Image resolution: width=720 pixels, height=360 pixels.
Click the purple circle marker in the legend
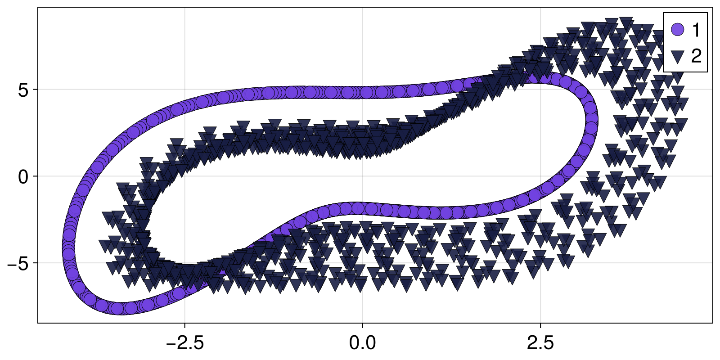point(677,30)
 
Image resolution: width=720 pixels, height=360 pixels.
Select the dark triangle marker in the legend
point(677,57)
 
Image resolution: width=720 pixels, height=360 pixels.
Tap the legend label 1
point(696,30)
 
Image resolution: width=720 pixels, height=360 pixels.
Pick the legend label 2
point(696,57)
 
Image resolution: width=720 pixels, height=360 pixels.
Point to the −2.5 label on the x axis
point(184,343)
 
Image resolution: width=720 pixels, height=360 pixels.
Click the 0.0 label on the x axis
point(362,343)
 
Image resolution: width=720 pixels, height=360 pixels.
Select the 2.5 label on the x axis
point(540,343)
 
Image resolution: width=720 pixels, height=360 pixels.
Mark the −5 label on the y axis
point(18,263)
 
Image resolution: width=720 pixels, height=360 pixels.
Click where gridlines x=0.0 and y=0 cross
point(362,176)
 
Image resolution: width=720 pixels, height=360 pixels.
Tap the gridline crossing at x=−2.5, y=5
point(184,90)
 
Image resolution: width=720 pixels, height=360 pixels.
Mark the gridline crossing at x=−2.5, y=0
point(184,176)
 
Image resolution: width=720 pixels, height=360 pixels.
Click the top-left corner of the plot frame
point(38,8)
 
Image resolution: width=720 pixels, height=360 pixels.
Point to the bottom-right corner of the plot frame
point(713,323)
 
